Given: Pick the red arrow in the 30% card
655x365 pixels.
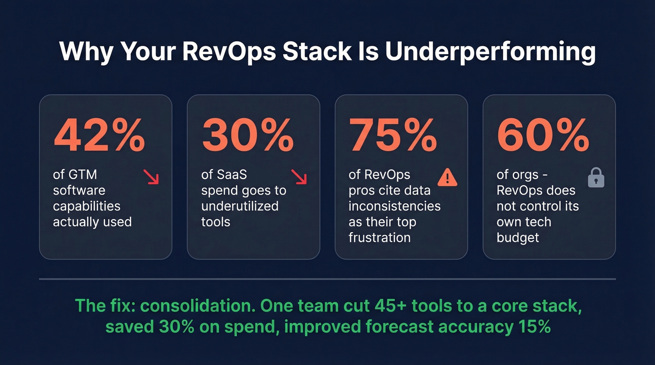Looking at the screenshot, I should point(298,177).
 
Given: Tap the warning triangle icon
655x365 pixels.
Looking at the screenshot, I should point(447,177).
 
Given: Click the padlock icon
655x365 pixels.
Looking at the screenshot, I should point(596,178).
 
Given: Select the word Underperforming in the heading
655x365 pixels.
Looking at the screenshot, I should point(490,52).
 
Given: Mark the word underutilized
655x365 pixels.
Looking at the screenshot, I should point(240,206).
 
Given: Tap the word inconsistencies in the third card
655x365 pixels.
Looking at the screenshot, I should point(394,206).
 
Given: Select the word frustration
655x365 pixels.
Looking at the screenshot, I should point(379,237).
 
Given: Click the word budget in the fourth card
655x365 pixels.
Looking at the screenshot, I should point(518,237).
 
